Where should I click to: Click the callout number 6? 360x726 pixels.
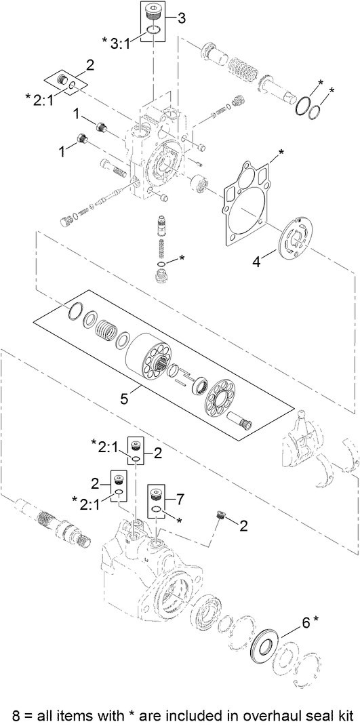coord(306,622)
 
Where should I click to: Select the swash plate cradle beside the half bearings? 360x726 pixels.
coord(304,447)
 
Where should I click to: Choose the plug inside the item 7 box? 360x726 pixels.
coord(157,492)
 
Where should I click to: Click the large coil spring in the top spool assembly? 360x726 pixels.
coord(238,68)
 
